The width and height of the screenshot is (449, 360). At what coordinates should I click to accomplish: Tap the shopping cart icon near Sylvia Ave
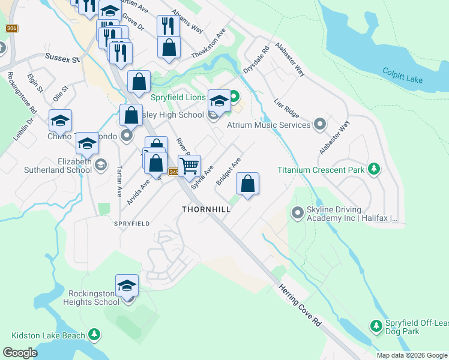(x=189, y=165)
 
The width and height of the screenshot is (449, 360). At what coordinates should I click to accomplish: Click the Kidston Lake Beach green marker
(x=94, y=335)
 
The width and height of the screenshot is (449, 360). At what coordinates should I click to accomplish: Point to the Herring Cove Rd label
(x=300, y=305)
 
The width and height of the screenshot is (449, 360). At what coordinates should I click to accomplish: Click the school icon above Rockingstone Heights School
(x=127, y=285)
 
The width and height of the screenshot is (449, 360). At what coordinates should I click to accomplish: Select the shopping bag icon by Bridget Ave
(x=247, y=184)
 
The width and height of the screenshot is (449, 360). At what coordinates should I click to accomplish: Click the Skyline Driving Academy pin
(x=297, y=213)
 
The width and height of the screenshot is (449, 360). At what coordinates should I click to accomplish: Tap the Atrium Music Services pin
(x=320, y=125)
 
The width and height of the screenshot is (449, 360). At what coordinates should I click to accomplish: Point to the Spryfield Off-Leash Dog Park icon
(x=376, y=326)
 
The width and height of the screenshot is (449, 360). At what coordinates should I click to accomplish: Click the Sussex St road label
(x=62, y=59)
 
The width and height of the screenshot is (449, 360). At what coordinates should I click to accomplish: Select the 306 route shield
(x=11, y=28)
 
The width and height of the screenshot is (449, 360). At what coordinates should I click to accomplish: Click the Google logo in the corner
(x=20, y=353)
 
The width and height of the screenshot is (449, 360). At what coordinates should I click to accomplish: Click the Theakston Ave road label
(x=208, y=44)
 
